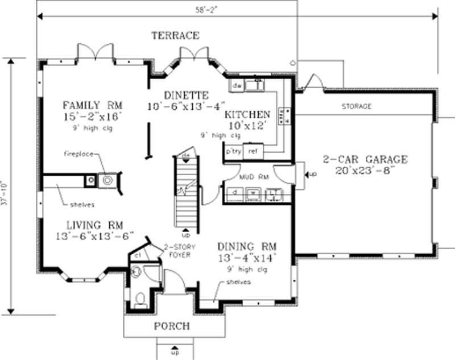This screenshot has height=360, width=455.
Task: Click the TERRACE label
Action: (x=175, y=36)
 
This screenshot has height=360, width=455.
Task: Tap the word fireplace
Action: (x=78, y=154)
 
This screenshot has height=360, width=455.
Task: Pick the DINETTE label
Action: (x=186, y=94)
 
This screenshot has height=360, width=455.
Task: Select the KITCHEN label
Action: (x=251, y=114)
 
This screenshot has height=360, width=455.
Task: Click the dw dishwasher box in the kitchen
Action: (x=238, y=86)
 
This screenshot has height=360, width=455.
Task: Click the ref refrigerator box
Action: (x=254, y=152)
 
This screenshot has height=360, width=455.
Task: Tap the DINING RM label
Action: (x=247, y=247)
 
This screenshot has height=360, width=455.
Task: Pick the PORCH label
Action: (x=171, y=326)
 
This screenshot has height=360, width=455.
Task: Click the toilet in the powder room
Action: (x=140, y=297)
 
